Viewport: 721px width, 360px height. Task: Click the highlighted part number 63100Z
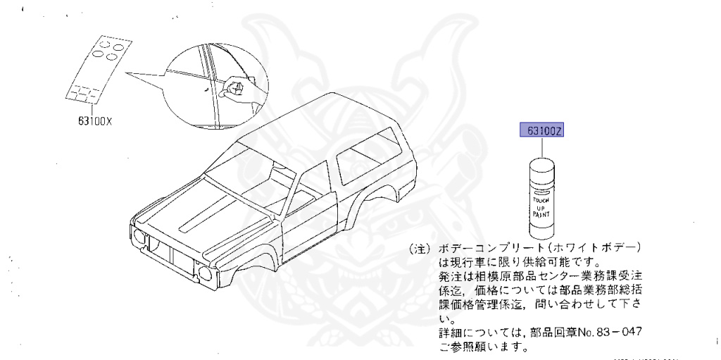(543, 130)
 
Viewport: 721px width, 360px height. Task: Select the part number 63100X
(95, 120)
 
